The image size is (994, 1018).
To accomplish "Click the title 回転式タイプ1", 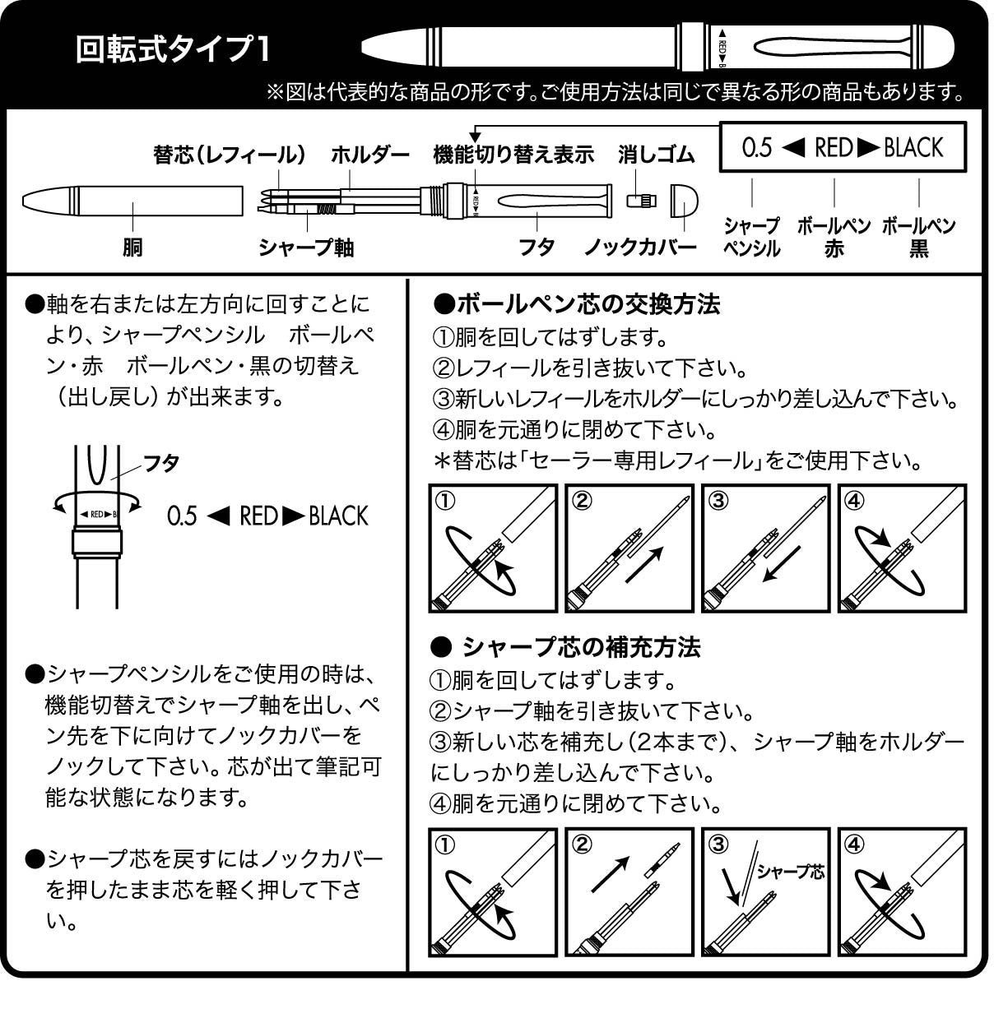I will [x=174, y=49].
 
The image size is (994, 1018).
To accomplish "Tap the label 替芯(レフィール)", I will [x=230, y=155].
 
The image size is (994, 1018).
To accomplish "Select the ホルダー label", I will [x=370, y=155].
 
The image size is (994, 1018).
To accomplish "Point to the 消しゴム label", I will [x=657, y=155].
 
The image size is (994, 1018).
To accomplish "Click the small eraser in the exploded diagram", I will [x=639, y=201].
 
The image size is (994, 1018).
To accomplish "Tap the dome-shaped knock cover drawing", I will [x=685, y=201].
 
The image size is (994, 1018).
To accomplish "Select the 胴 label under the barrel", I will [x=132, y=248].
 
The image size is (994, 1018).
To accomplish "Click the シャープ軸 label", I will [x=306, y=248].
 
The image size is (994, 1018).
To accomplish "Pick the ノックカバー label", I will [x=641, y=248].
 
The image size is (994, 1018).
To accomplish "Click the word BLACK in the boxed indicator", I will [x=913, y=148].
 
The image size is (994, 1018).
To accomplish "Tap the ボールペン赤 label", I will [x=834, y=237].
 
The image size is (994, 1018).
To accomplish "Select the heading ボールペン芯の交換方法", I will [x=576, y=304].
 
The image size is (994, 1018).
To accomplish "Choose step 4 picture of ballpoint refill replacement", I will [x=902, y=548].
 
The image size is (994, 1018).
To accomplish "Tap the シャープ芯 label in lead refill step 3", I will [x=790, y=872].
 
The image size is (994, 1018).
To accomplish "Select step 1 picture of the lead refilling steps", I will [x=492, y=892].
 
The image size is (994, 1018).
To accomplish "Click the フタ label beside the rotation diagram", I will [x=161, y=463].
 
